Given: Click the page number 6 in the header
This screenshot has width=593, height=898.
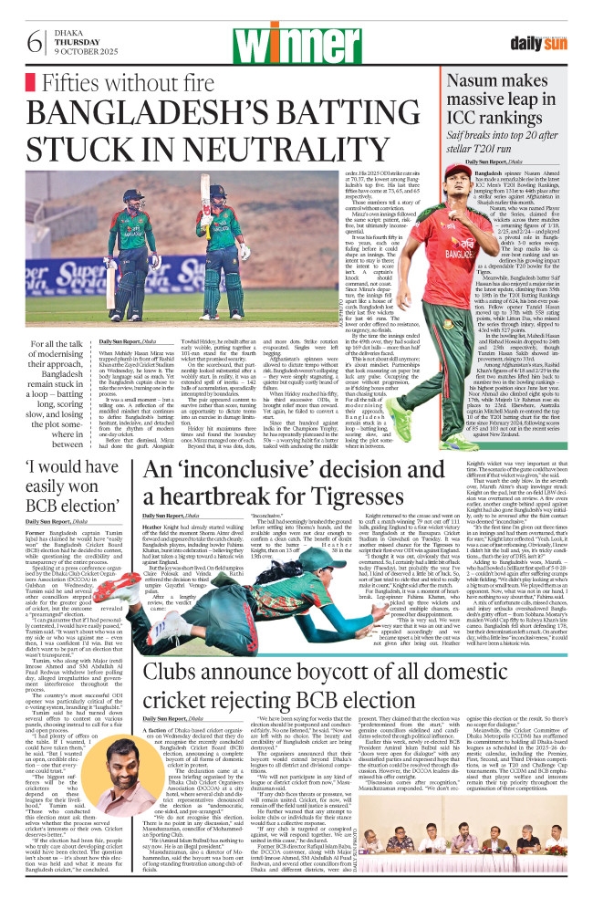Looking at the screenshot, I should [35, 40].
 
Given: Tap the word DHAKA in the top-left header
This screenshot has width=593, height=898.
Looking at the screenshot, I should [66, 30].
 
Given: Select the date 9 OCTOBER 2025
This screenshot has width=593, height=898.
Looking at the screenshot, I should [80, 52].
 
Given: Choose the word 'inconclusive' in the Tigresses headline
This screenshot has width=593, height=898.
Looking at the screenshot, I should [244, 498].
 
